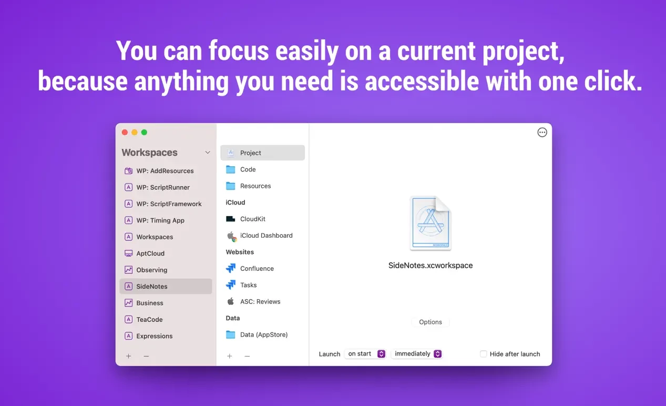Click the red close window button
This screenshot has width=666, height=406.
pos(125,133)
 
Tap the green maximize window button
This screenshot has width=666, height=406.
pos(144,133)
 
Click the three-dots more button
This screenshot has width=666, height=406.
pos(542,133)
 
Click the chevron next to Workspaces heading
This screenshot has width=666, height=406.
pos(208,153)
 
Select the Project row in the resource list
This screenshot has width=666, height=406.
pos(262,153)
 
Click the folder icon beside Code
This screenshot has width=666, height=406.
pos(230,169)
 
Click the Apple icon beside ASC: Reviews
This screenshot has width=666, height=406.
pos(230,301)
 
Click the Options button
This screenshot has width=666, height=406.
pos(430,322)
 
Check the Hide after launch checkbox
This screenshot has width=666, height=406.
pos(484,353)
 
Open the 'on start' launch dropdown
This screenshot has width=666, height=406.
pos(365,353)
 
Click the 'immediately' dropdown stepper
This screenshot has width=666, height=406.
pos(437,353)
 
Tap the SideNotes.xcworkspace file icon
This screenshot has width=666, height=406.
pos(430,223)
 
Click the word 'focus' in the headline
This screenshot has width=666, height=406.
pos(239,50)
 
